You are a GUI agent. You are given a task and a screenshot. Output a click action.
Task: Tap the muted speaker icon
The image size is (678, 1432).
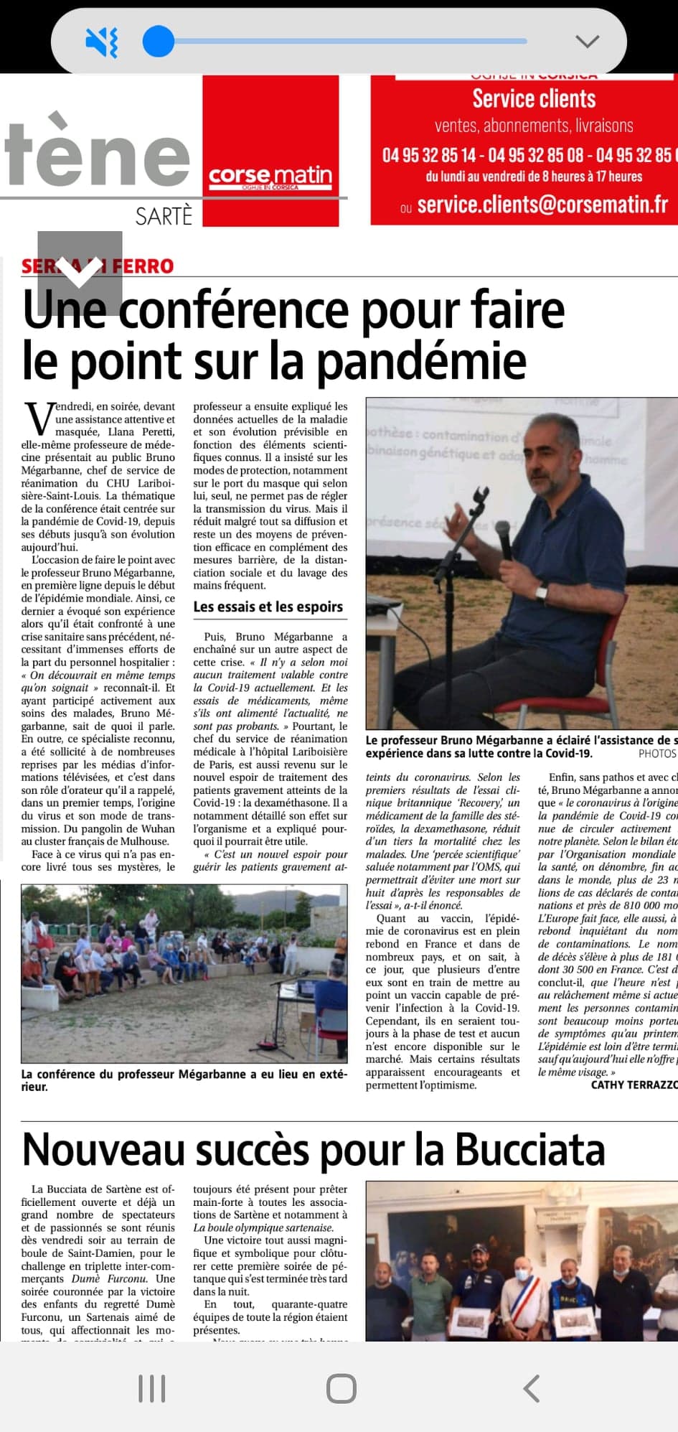click(x=101, y=42)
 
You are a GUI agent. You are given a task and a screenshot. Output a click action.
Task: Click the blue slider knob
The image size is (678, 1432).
click(x=159, y=41)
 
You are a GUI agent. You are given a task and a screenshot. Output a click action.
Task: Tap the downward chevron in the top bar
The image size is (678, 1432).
click(x=587, y=42)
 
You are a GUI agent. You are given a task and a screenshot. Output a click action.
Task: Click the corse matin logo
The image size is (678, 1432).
click(x=270, y=176)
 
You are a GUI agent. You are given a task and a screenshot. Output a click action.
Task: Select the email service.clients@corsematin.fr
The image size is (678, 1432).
click(x=542, y=205)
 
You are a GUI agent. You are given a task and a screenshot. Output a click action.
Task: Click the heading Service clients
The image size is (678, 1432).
click(x=534, y=98)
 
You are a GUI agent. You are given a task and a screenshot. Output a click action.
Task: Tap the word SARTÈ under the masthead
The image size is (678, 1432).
click(x=164, y=216)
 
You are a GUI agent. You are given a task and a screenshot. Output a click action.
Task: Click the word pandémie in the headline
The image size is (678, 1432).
click(x=421, y=361)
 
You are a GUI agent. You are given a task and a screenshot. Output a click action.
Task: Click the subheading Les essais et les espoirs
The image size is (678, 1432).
click(x=268, y=607)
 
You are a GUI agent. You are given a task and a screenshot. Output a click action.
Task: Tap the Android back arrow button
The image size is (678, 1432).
click(x=532, y=1388)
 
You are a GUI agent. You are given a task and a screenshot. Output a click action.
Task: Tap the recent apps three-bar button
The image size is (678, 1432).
click(x=152, y=1388)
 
